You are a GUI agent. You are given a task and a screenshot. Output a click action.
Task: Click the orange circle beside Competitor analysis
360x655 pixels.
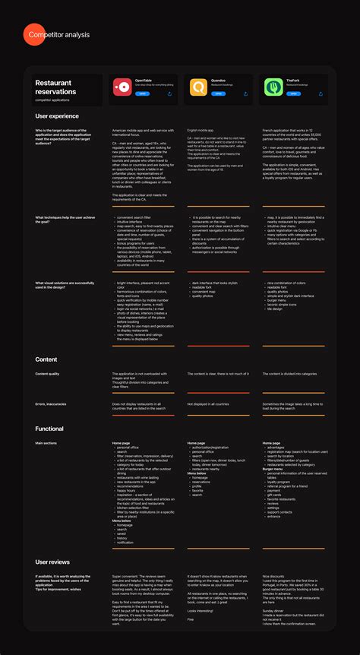23,35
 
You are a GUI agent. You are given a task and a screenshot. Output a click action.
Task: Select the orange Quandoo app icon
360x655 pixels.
198,87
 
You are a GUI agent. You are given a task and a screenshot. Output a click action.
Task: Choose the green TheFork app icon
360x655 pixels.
273,87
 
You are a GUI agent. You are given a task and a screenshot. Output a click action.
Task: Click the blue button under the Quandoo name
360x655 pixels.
218,94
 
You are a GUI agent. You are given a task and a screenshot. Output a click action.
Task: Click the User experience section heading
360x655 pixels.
57,116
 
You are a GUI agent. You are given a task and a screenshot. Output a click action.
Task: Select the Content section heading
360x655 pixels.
46,359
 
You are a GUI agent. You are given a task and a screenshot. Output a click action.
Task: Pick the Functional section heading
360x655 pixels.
49,429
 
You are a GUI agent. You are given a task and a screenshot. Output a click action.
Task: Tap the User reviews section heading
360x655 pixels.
52,562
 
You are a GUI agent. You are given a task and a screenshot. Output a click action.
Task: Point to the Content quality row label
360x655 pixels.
47,374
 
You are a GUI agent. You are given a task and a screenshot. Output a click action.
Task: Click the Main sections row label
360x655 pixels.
46,442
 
